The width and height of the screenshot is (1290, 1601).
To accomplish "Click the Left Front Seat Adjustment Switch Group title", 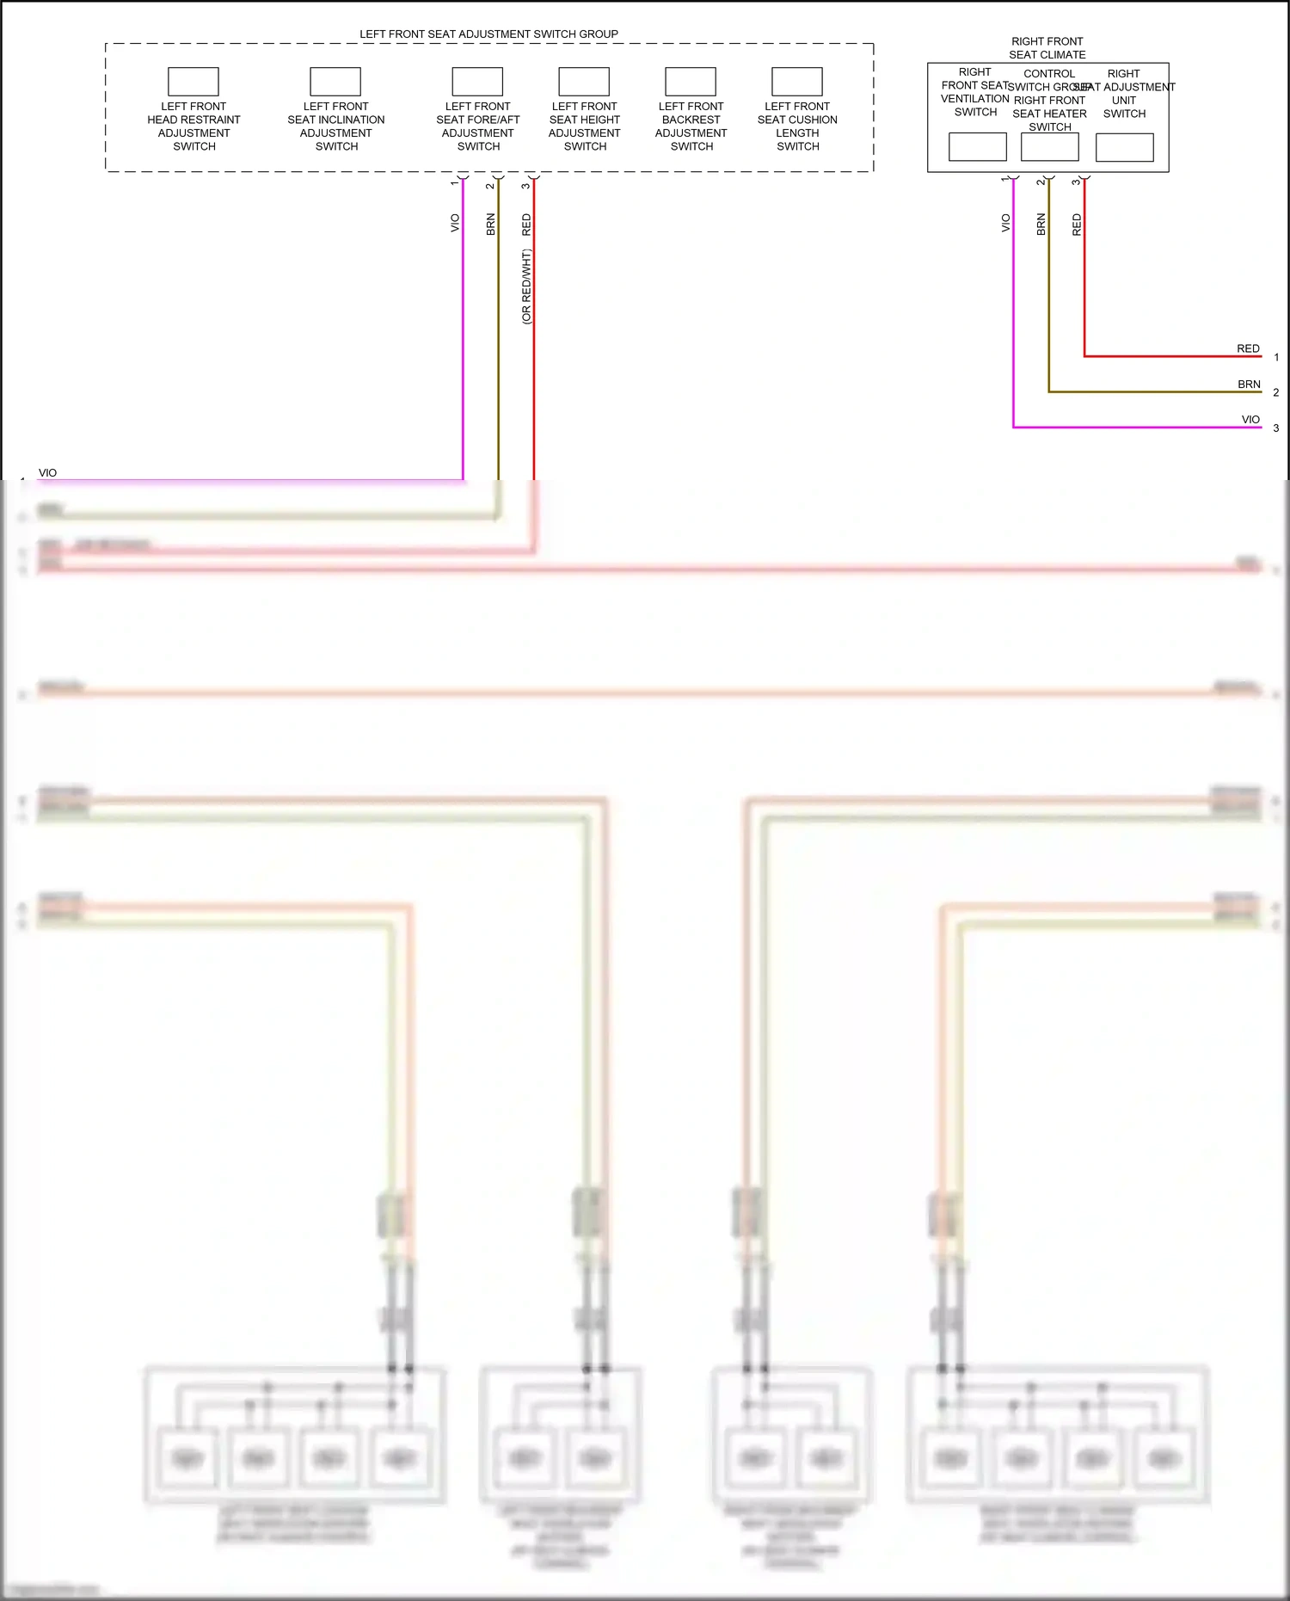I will click(x=488, y=34).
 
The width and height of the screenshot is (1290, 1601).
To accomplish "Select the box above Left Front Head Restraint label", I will click(x=193, y=82).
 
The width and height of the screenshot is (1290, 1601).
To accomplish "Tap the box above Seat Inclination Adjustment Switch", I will click(x=335, y=82).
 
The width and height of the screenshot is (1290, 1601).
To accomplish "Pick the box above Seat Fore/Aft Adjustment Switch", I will click(x=477, y=82).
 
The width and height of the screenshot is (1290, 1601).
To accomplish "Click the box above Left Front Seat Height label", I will click(x=584, y=82).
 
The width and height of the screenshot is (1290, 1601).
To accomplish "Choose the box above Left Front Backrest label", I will click(x=691, y=82).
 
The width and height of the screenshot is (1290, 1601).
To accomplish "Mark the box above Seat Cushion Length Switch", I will click(x=797, y=82).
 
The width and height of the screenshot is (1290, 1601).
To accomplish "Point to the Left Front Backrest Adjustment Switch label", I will click(x=691, y=126).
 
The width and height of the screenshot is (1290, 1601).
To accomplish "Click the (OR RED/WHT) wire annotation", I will click(x=526, y=286).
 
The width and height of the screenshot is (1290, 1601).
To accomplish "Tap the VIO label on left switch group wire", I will click(x=455, y=223).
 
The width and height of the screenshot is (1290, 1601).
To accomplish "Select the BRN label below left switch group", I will click(x=491, y=225).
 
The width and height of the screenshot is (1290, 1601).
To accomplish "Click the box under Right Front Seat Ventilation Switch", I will click(x=978, y=147).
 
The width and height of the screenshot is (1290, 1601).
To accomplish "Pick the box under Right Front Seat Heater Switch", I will click(x=1050, y=147).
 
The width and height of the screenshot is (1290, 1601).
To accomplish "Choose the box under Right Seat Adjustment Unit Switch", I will click(x=1125, y=148).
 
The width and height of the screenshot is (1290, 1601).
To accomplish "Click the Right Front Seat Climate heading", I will click(x=1047, y=48).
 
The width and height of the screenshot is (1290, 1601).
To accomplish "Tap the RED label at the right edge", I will click(x=1248, y=348).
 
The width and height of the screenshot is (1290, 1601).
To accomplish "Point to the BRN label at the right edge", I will click(x=1249, y=385).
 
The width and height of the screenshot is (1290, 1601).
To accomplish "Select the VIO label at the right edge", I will click(x=1250, y=420).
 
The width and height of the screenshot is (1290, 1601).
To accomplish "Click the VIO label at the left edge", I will click(x=48, y=473).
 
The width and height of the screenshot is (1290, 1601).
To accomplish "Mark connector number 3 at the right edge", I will click(x=1276, y=428).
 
